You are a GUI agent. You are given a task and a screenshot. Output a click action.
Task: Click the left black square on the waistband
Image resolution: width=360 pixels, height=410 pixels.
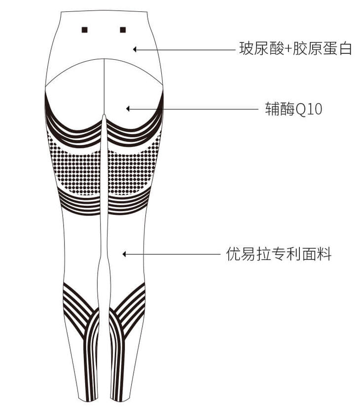pyautogui.click(x=85, y=30)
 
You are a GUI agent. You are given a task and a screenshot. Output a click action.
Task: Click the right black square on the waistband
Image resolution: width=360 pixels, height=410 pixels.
pyautogui.click(x=123, y=30)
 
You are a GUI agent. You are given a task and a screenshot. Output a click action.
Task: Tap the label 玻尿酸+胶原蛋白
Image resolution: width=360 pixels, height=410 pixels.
pyautogui.click(x=295, y=49)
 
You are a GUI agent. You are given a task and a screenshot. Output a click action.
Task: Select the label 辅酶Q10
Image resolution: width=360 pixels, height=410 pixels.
pyautogui.click(x=293, y=109)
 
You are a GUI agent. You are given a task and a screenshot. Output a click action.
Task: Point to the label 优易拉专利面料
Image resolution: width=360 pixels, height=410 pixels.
pyautogui.click(x=279, y=255)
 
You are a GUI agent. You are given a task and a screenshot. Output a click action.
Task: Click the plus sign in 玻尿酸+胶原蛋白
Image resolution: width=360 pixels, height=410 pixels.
pyautogui.click(x=289, y=49)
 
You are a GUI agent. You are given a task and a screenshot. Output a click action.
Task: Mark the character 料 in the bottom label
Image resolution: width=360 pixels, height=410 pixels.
pyautogui.click(x=324, y=255)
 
